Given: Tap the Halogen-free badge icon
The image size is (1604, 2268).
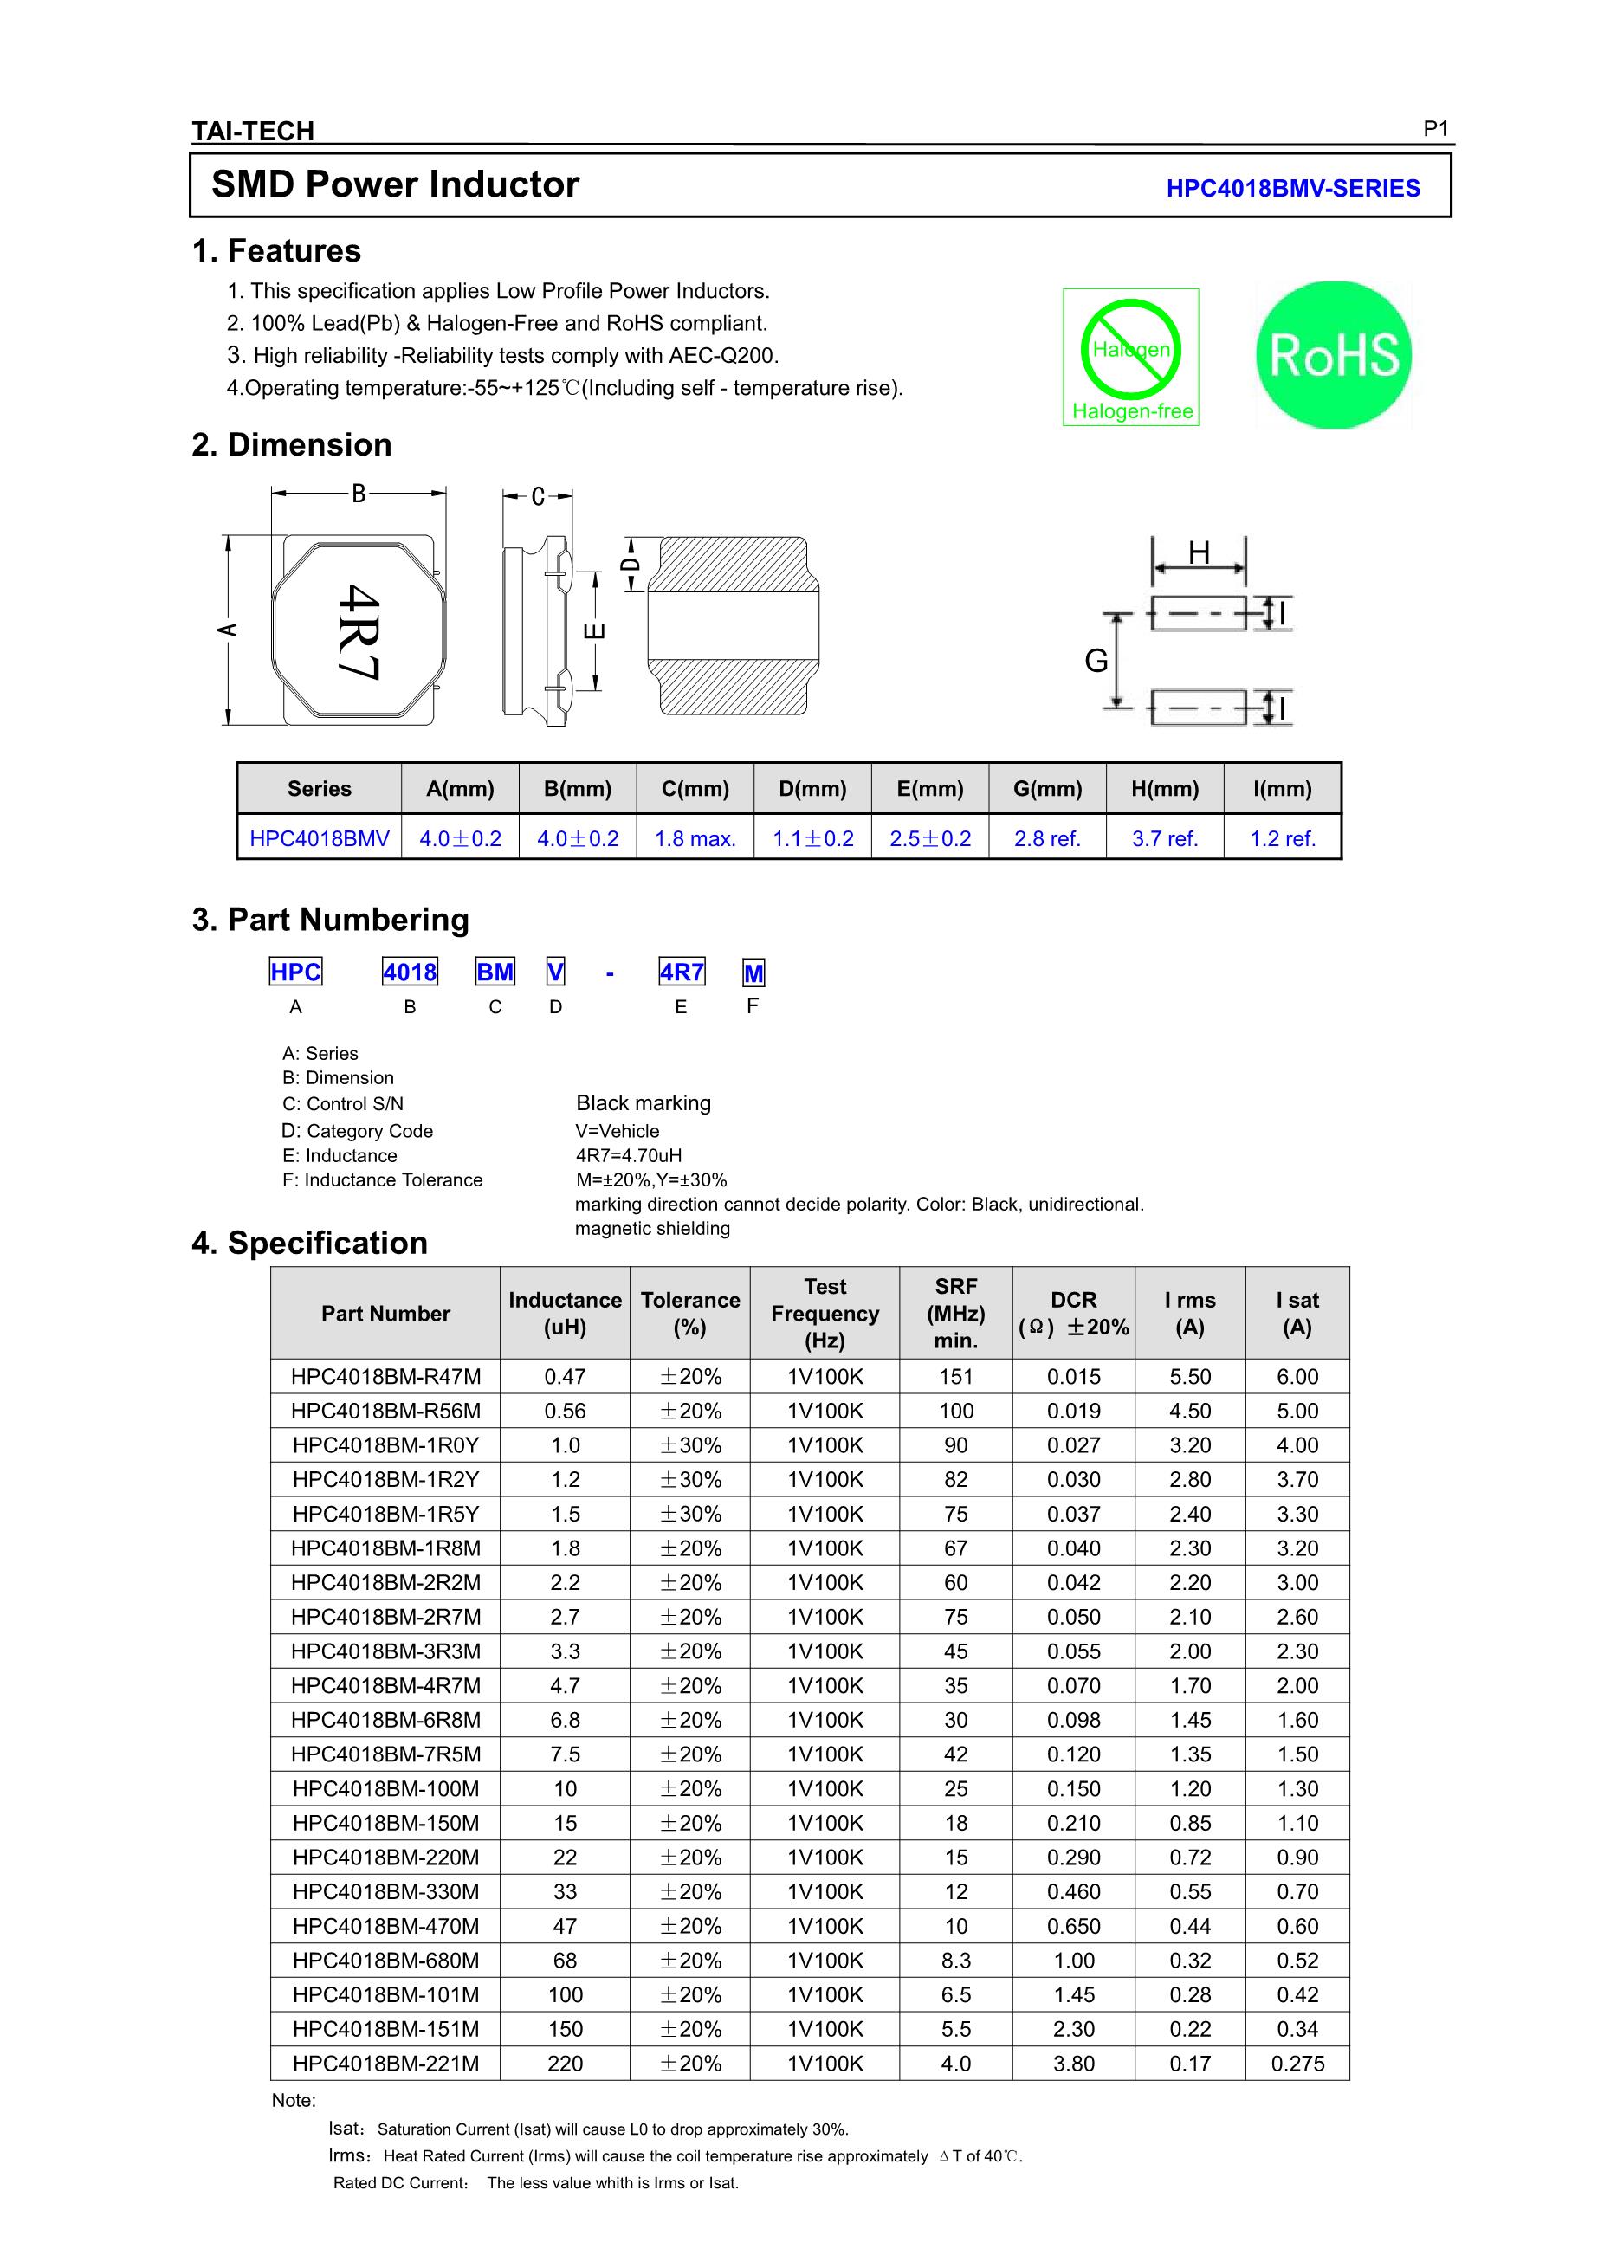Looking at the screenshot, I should pos(1130,357).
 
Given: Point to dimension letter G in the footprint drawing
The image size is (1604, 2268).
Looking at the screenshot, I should pos(1096,661).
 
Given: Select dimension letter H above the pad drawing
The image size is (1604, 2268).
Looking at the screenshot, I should pos(1198,553).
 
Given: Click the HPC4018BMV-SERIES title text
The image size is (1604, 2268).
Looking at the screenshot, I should pos(1292,188).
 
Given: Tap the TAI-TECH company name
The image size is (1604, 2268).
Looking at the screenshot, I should pos(253,131).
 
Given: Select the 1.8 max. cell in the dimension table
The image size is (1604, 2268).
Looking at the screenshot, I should pos(695,838).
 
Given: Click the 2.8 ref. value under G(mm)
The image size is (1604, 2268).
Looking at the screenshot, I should pos(1047,838).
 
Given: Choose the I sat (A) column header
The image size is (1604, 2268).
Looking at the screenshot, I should pos(1297,1313).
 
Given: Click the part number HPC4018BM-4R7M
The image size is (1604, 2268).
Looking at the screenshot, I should pos(385,1685).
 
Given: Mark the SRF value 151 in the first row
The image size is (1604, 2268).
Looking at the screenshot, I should pos(955,1376).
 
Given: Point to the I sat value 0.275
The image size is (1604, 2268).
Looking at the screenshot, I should pos(1297,2064).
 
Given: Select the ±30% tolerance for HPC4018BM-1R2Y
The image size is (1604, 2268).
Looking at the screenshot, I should pos(690,1479).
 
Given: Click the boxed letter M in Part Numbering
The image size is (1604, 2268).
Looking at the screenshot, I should pos(753,974).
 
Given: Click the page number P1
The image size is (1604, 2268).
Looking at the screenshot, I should pos(1435,128).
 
